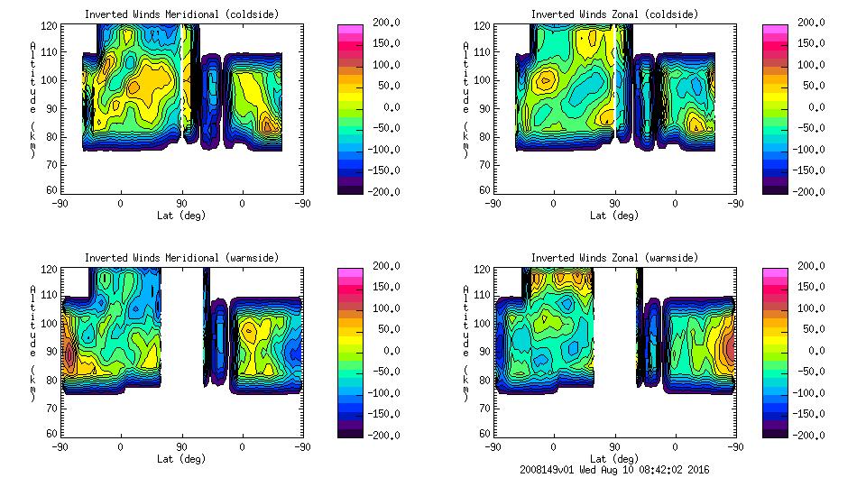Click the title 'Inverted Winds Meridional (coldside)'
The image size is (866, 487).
pos(181,14)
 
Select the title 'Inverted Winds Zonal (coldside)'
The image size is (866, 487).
pos(614,14)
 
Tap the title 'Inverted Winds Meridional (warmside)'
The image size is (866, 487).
pos(181,258)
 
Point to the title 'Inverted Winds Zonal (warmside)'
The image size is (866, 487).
pos(614,258)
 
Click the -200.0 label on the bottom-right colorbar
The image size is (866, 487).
pos(806,435)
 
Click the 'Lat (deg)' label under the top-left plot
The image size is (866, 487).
pos(181,216)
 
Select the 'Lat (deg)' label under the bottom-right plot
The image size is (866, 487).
pos(614,459)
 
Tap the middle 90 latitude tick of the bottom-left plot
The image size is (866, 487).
pos(181,446)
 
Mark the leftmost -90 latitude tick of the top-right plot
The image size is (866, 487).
pos(493,203)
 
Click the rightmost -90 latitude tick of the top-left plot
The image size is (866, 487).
pos(302,203)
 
